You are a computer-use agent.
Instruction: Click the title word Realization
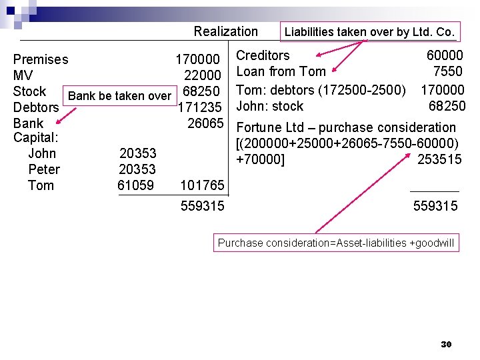(x=225, y=31)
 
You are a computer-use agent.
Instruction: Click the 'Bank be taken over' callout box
(x=119, y=95)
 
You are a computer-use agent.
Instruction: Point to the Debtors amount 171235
(x=200, y=107)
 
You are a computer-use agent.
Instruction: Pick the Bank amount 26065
(x=205, y=123)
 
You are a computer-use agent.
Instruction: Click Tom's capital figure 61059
(x=135, y=185)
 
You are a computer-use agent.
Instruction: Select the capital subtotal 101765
(x=202, y=185)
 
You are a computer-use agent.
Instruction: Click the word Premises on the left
(x=41, y=59)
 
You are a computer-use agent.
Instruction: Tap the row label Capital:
(x=36, y=138)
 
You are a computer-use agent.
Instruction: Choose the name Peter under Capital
(x=44, y=169)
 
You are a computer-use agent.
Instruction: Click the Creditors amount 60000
(x=445, y=56)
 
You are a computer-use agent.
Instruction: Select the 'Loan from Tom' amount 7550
(x=447, y=71)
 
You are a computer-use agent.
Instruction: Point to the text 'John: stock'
(x=269, y=106)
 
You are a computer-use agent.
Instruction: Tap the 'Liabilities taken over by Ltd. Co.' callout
(x=369, y=31)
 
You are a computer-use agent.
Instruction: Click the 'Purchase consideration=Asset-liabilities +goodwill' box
(x=336, y=243)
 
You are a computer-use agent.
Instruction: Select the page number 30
(x=446, y=345)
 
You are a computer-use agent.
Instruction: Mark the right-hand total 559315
(x=435, y=207)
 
